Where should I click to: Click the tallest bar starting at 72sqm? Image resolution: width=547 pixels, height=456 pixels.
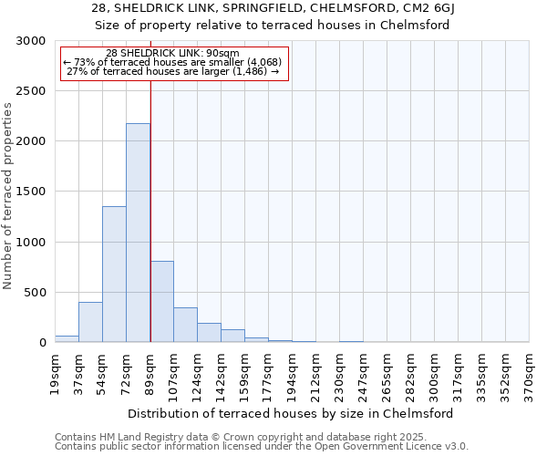(x=138, y=233)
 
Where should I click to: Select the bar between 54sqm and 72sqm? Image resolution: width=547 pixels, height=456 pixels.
(x=114, y=274)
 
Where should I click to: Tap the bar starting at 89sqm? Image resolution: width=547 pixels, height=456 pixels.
(x=161, y=301)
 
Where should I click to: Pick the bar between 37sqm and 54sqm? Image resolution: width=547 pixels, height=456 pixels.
(x=90, y=322)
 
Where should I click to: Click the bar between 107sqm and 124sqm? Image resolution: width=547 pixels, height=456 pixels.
(x=185, y=325)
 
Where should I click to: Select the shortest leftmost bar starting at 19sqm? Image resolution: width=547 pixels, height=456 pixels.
(x=67, y=338)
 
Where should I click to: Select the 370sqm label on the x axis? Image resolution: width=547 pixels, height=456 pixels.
(x=529, y=375)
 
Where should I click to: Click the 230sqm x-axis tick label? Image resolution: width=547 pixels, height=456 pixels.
(x=339, y=375)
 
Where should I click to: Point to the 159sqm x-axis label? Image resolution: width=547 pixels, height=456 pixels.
(x=244, y=375)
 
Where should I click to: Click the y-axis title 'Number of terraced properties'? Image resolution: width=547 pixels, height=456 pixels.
(x=8, y=196)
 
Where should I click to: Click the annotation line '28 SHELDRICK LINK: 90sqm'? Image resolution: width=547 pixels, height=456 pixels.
(x=173, y=53)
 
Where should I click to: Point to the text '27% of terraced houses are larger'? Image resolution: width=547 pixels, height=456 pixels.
(x=173, y=71)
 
